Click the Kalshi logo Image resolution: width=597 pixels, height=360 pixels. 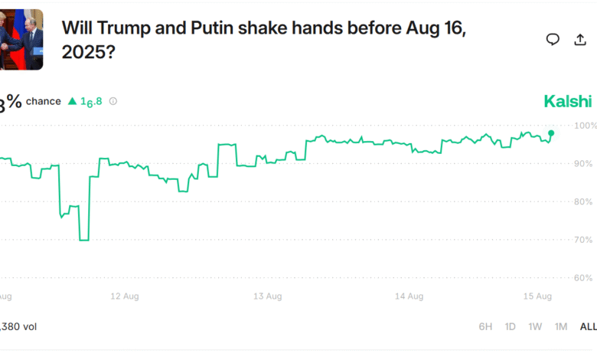567,101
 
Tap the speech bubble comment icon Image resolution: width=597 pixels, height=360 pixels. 553,40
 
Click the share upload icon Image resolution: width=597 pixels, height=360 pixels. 579,40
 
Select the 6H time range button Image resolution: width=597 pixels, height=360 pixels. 485,326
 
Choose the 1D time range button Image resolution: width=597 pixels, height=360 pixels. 510,326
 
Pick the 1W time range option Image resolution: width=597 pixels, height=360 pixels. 535,326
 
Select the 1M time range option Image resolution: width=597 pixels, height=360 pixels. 561,326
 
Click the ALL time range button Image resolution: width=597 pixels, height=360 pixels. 587,326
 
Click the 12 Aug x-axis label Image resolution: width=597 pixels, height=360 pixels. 124,296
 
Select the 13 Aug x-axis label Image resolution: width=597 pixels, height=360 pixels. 269,296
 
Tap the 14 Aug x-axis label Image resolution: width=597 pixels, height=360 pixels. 410,296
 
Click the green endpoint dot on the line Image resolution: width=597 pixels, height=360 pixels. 552,133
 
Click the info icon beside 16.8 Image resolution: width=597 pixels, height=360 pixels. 113,101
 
